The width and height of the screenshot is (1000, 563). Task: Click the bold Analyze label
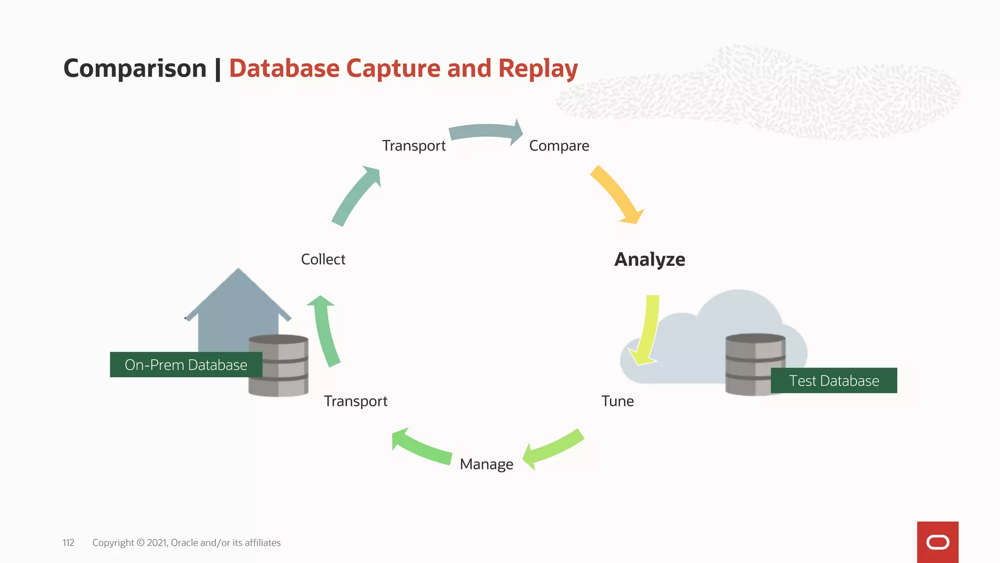(649, 260)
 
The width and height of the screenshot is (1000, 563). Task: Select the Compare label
(559, 146)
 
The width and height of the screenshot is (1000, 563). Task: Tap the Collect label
(323, 259)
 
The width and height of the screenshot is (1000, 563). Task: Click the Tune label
(617, 401)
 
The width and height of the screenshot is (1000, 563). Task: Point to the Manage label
(486, 464)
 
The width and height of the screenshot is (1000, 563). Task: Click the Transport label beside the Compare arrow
(414, 146)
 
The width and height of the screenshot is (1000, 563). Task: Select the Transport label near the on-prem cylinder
(355, 401)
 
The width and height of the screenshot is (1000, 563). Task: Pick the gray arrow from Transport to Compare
(486, 131)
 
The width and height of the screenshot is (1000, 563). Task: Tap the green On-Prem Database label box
(186, 365)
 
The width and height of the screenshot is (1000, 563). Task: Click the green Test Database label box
(833, 381)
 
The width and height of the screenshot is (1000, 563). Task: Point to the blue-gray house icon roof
(238, 293)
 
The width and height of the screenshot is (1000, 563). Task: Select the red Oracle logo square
(937, 542)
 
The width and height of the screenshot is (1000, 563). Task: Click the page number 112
(68, 542)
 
